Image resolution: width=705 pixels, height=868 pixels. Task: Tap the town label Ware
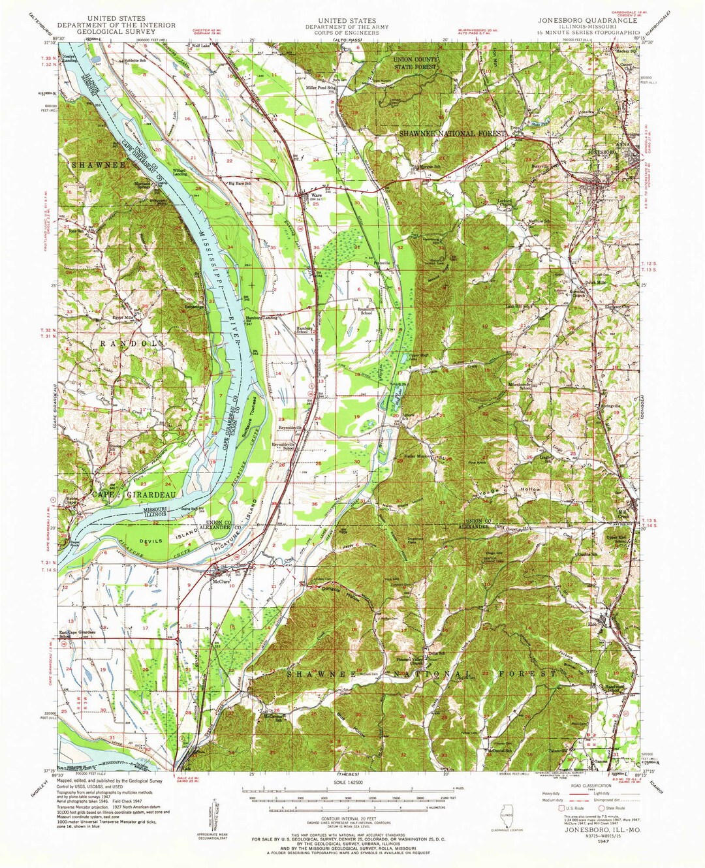tap(315, 194)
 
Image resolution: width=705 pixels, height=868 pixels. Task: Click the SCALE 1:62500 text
tap(352, 783)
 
